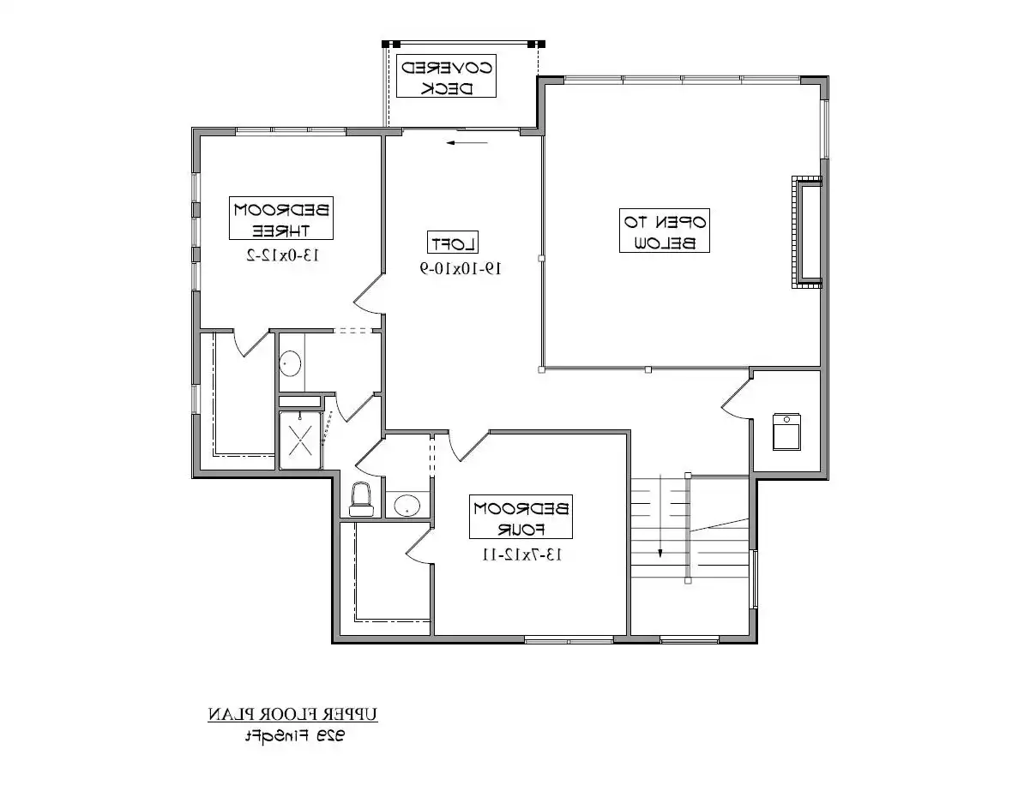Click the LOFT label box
(x=454, y=242)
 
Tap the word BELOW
(x=666, y=242)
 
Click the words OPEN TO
(x=666, y=220)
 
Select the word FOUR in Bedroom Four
(x=521, y=528)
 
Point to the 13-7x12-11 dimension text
(x=521, y=554)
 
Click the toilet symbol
(x=364, y=499)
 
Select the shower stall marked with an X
(x=301, y=440)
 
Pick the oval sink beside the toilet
(x=407, y=505)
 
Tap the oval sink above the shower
(x=290, y=363)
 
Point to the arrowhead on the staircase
(x=660, y=552)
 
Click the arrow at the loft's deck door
(x=461, y=143)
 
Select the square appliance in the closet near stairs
(x=786, y=431)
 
